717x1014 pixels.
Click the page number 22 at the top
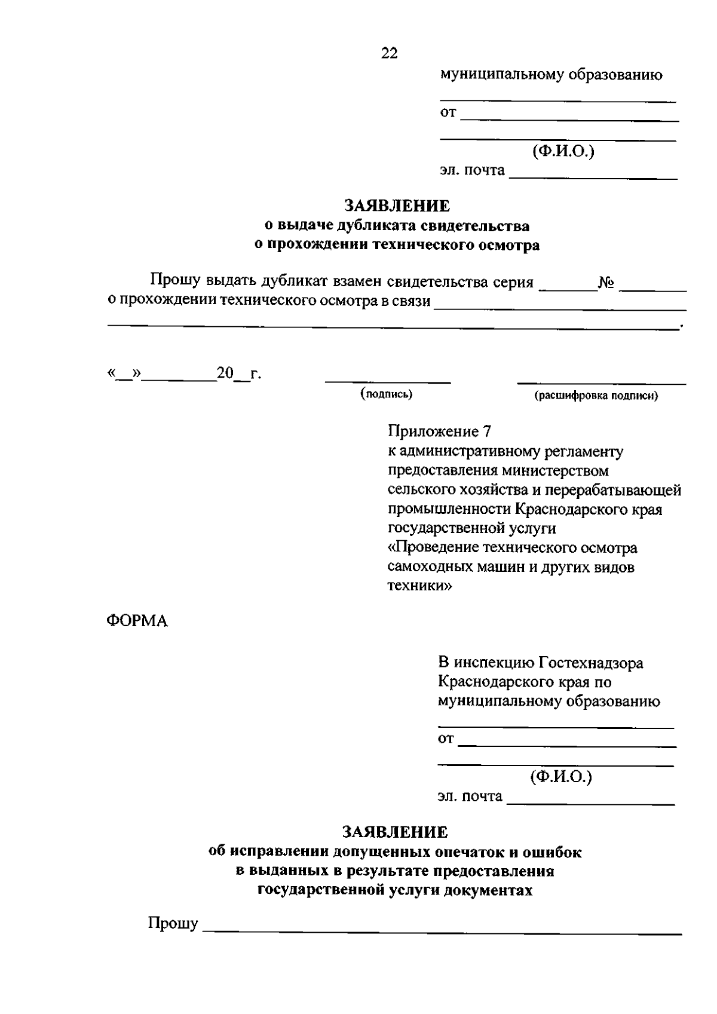click(x=389, y=53)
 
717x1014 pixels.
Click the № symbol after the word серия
click(x=607, y=283)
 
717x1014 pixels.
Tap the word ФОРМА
click(x=137, y=621)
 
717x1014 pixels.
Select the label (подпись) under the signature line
click(x=387, y=394)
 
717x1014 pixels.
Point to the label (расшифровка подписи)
click(x=596, y=396)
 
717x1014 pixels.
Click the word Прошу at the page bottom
click(x=173, y=924)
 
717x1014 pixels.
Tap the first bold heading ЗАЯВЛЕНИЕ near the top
click(x=397, y=206)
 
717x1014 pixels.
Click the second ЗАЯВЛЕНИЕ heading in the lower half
click(x=394, y=832)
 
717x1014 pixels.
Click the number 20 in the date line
click(x=225, y=374)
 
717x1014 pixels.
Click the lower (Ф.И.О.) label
click(x=560, y=776)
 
